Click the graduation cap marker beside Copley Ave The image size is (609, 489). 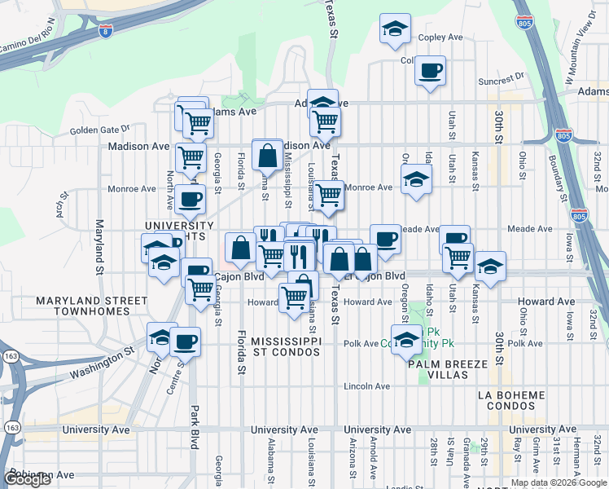coord(395,29)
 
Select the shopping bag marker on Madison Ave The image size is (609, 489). coord(267,153)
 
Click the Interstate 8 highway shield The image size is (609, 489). coord(105,31)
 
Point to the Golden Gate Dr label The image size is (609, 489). coord(99,129)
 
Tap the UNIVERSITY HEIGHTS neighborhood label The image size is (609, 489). coord(179,231)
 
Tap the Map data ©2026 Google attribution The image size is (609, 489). coord(558,482)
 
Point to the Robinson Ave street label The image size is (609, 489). coord(41,474)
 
